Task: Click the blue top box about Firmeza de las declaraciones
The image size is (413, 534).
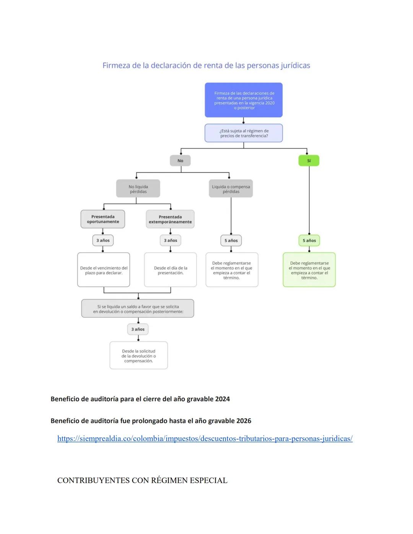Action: pyautogui.click(x=244, y=100)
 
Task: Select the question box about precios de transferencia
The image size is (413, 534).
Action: pyautogui.click(x=244, y=133)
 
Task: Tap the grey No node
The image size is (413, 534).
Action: pyautogui.click(x=180, y=161)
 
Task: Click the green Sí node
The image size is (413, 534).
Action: pyautogui.click(x=309, y=161)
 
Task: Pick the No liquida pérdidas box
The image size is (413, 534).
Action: pyautogui.click(x=138, y=189)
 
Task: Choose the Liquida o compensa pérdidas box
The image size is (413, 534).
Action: pyautogui.click(x=231, y=189)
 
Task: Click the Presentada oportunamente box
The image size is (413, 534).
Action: pyautogui.click(x=103, y=219)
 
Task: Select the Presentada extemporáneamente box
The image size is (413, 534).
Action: pyautogui.click(x=170, y=219)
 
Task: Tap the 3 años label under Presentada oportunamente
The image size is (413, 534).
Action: pyautogui.click(x=103, y=240)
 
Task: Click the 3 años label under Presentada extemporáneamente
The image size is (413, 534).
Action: pyautogui.click(x=170, y=240)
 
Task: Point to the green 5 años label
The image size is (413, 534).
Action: pyautogui.click(x=309, y=240)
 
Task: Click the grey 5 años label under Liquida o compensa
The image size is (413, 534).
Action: pyautogui.click(x=231, y=240)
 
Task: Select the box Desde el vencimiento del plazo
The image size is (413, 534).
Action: pyautogui.click(x=104, y=270)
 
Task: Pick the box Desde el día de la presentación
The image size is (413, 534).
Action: pyautogui.click(x=171, y=270)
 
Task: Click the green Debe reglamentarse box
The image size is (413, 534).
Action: pyautogui.click(x=309, y=270)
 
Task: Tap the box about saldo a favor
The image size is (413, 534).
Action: pyautogui.click(x=138, y=309)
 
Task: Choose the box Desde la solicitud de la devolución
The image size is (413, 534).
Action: pyautogui.click(x=138, y=355)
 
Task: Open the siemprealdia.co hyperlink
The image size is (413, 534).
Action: pyautogui.click(x=205, y=438)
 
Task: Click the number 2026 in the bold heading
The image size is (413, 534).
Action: pyautogui.click(x=244, y=421)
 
